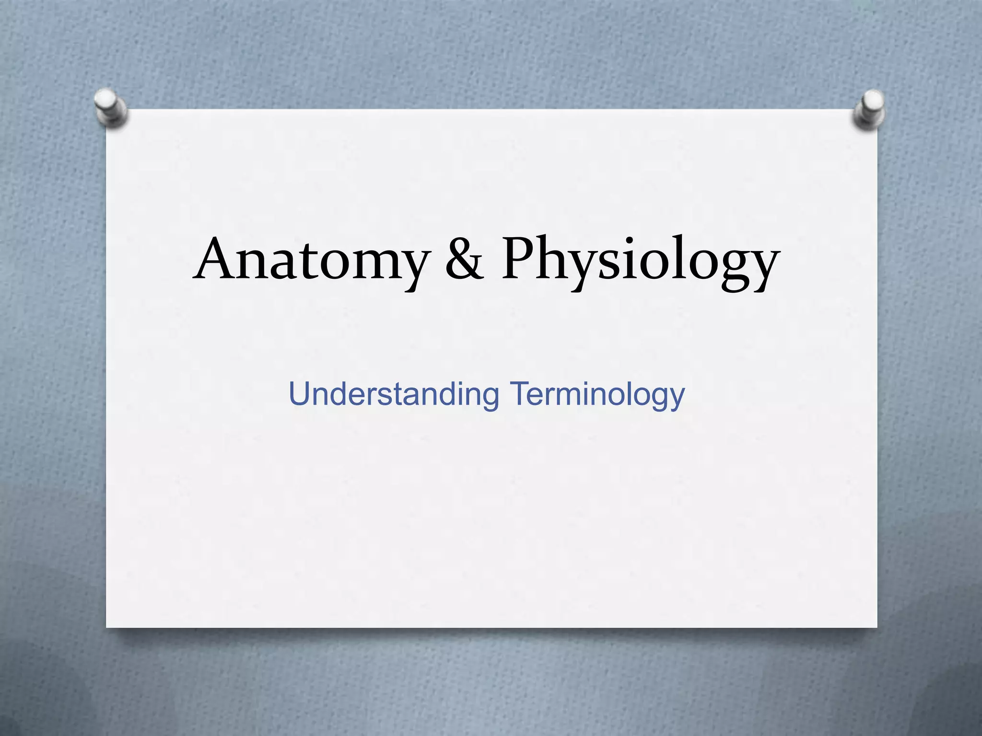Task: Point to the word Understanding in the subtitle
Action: coord(394,395)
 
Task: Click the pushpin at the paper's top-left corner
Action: coord(110,107)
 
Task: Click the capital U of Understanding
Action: coord(301,393)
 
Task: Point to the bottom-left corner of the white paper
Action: coord(107,626)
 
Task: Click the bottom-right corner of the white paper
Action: coord(876,626)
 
